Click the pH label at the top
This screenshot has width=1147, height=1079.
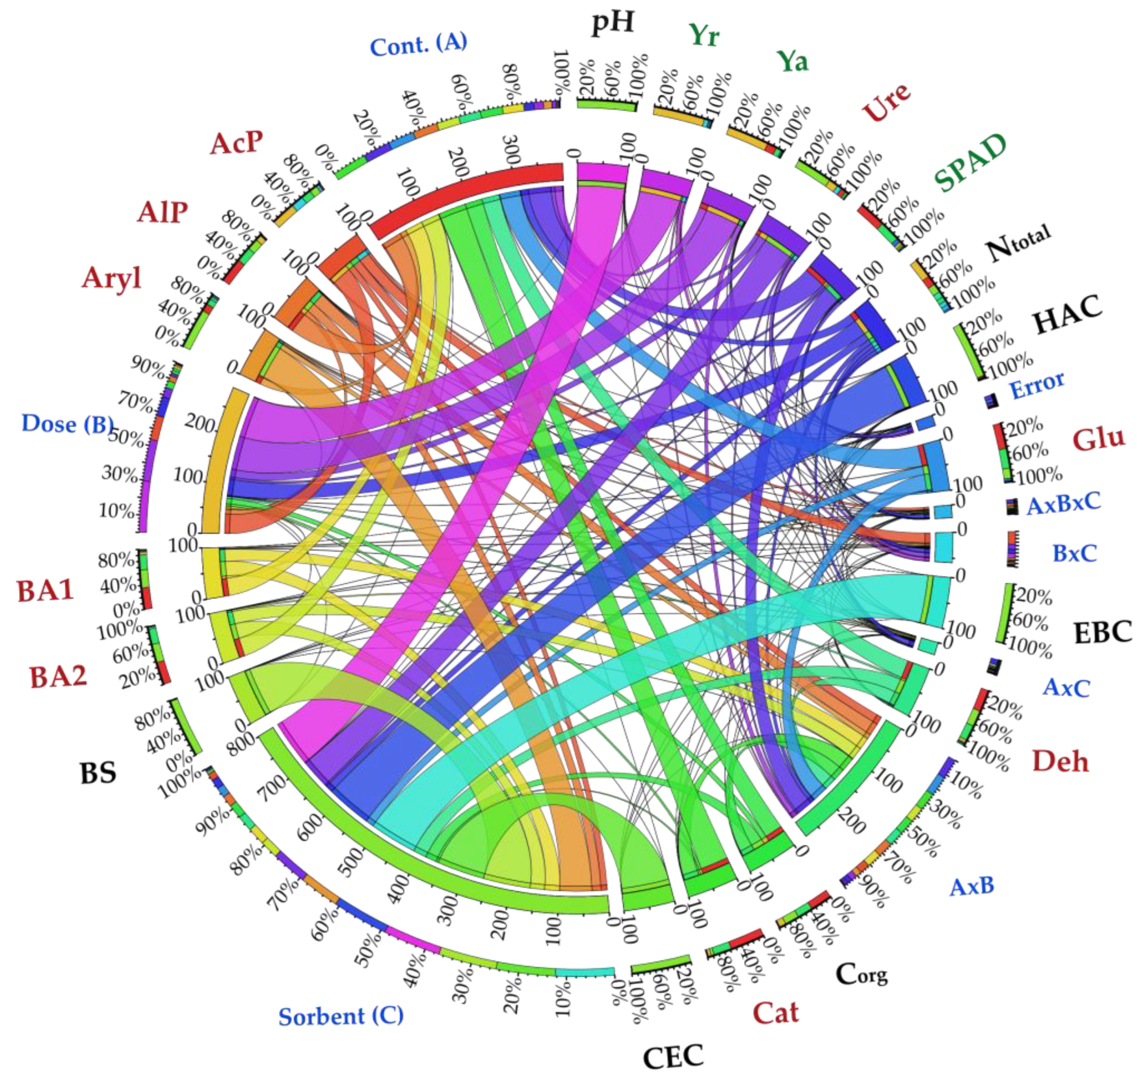point(613,23)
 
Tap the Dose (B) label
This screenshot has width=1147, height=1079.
point(67,424)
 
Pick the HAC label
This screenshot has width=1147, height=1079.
point(1067,315)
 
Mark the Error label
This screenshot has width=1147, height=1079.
point(1037,385)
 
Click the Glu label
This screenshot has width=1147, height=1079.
point(1099,439)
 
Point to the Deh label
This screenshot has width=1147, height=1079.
point(1061,762)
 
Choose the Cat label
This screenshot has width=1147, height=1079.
point(776,1013)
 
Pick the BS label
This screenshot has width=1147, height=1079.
point(98,773)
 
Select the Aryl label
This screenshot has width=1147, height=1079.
point(111,278)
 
